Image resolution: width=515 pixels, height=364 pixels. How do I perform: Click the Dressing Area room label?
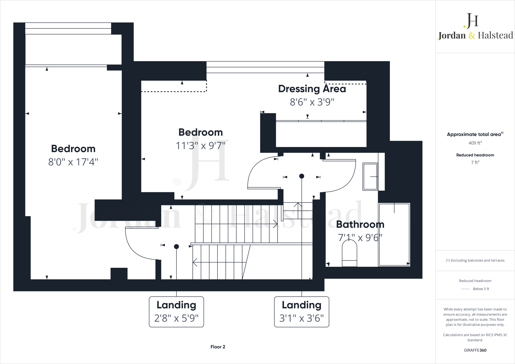point(312,89)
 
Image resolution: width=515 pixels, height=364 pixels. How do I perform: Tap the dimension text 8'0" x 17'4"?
point(73,162)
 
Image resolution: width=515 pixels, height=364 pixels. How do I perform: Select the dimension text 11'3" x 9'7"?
point(200,146)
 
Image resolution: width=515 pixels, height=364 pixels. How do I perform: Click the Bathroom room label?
point(360,224)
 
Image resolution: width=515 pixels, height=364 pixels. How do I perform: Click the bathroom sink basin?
point(370,176)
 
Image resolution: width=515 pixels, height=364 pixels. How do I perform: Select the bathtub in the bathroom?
point(394,234)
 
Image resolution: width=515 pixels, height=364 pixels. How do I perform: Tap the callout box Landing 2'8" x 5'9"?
point(176,312)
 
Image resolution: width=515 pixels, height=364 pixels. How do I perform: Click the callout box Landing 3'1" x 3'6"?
point(302,312)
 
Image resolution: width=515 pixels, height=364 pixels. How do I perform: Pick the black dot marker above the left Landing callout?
point(177,247)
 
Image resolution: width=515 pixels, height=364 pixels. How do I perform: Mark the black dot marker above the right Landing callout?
point(302,176)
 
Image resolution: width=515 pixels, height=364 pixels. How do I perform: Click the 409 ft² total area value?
point(475,143)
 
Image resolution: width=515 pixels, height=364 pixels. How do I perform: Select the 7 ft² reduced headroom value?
point(475,162)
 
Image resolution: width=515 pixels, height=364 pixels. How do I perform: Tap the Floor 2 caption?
point(218,347)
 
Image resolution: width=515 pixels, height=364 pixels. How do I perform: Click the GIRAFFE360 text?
point(475,350)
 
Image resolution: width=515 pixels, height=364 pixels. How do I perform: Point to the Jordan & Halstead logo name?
point(475,35)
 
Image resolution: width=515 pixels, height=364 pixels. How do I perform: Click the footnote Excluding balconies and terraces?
point(475,260)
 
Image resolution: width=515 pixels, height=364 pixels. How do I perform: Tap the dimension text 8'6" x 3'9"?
point(312,102)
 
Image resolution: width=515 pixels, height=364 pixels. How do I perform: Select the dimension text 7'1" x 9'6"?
point(360,238)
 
